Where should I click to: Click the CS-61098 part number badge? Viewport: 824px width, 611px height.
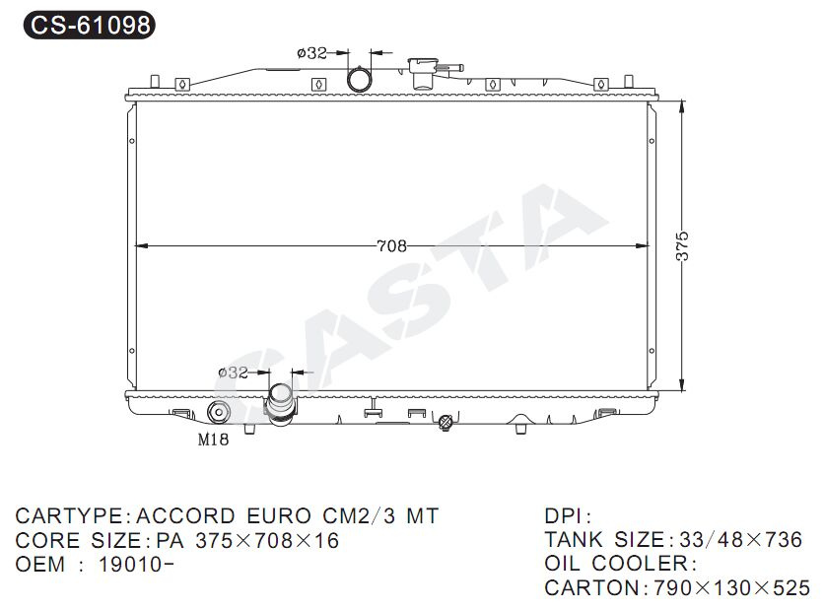[90, 25]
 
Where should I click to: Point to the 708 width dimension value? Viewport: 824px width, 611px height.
[391, 245]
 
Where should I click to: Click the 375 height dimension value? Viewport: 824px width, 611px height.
[682, 245]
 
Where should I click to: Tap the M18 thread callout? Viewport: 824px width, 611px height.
[213, 440]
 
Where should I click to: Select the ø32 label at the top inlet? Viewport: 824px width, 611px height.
[311, 53]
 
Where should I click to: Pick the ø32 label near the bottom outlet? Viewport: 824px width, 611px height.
[233, 373]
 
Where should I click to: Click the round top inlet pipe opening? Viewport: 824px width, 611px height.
[360, 79]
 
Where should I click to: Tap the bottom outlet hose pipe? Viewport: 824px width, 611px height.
[281, 404]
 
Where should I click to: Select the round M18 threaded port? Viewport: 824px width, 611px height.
[218, 412]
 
